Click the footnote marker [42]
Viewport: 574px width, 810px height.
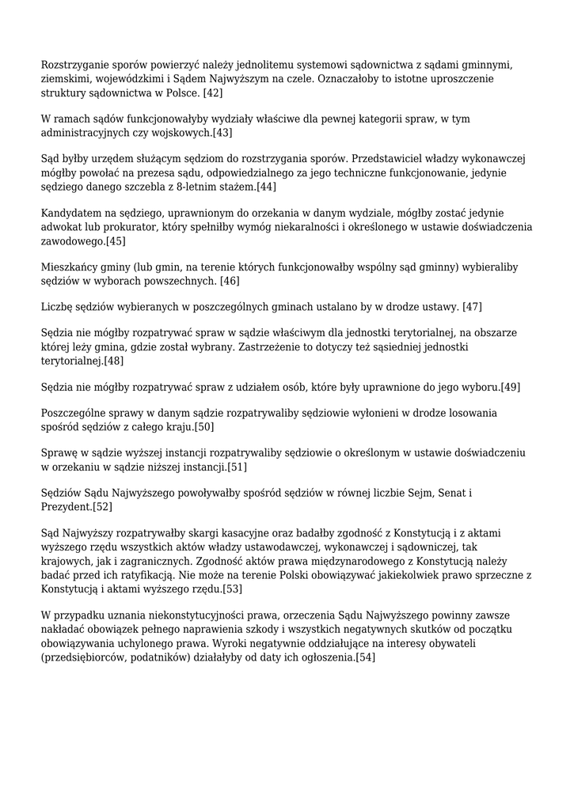[213, 93]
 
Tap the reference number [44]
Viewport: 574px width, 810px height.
[267, 187]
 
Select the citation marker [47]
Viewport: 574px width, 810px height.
[473, 306]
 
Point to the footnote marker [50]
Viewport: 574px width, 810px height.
[204, 426]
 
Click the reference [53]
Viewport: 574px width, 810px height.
[233, 589]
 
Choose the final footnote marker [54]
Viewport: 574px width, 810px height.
[366, 657]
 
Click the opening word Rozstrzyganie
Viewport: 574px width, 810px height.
[76, 65]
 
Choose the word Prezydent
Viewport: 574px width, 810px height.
[66, 507]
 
